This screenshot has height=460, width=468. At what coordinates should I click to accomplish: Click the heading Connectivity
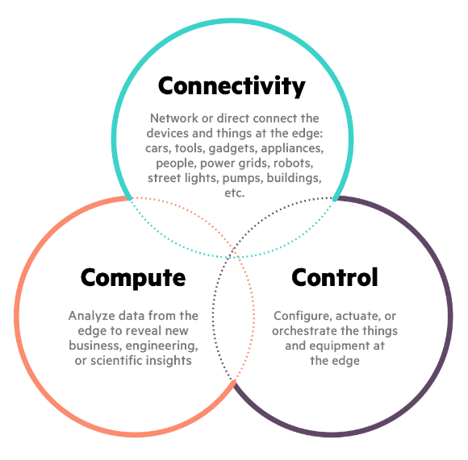click(x=232, y=86)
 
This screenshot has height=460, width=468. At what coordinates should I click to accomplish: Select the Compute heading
click(x=133, y=278)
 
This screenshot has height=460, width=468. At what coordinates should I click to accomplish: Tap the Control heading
click(x=335, y=277)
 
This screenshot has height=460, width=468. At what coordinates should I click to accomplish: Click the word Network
click(x=174, y=118)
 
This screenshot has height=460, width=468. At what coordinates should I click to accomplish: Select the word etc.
click(x=235, y=193)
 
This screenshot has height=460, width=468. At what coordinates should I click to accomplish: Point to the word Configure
click(x=303, y=316)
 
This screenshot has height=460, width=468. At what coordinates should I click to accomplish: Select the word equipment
click(x=341, y=346)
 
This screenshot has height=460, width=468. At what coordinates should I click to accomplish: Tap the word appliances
click(x=292, y=148)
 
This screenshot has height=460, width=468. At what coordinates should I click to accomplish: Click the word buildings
click(x=294, y=178)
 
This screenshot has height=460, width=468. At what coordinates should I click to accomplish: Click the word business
click(x=95, y=346)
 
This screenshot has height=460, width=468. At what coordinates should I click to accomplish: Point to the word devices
click(x=168, y=133)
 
